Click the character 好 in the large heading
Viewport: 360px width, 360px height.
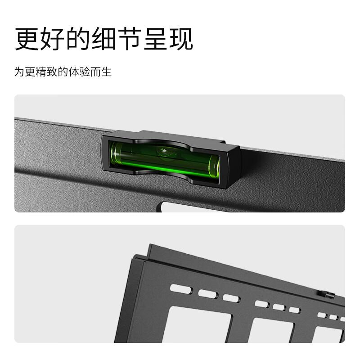(53, 39)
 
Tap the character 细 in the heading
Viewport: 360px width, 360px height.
(104, 39)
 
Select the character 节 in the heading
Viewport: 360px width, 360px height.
(130, 39)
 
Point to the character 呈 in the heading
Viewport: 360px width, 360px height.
(155, 39)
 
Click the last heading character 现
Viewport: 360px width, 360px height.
(181, 39)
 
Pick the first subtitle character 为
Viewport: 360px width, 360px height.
(19, 72)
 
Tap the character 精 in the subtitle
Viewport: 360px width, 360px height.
(41, 72)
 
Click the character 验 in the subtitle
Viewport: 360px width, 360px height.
(85, 72)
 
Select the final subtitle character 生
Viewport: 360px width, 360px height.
(107, 72)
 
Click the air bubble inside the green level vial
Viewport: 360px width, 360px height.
(164, 152)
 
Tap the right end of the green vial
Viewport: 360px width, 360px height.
(214, 166)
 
